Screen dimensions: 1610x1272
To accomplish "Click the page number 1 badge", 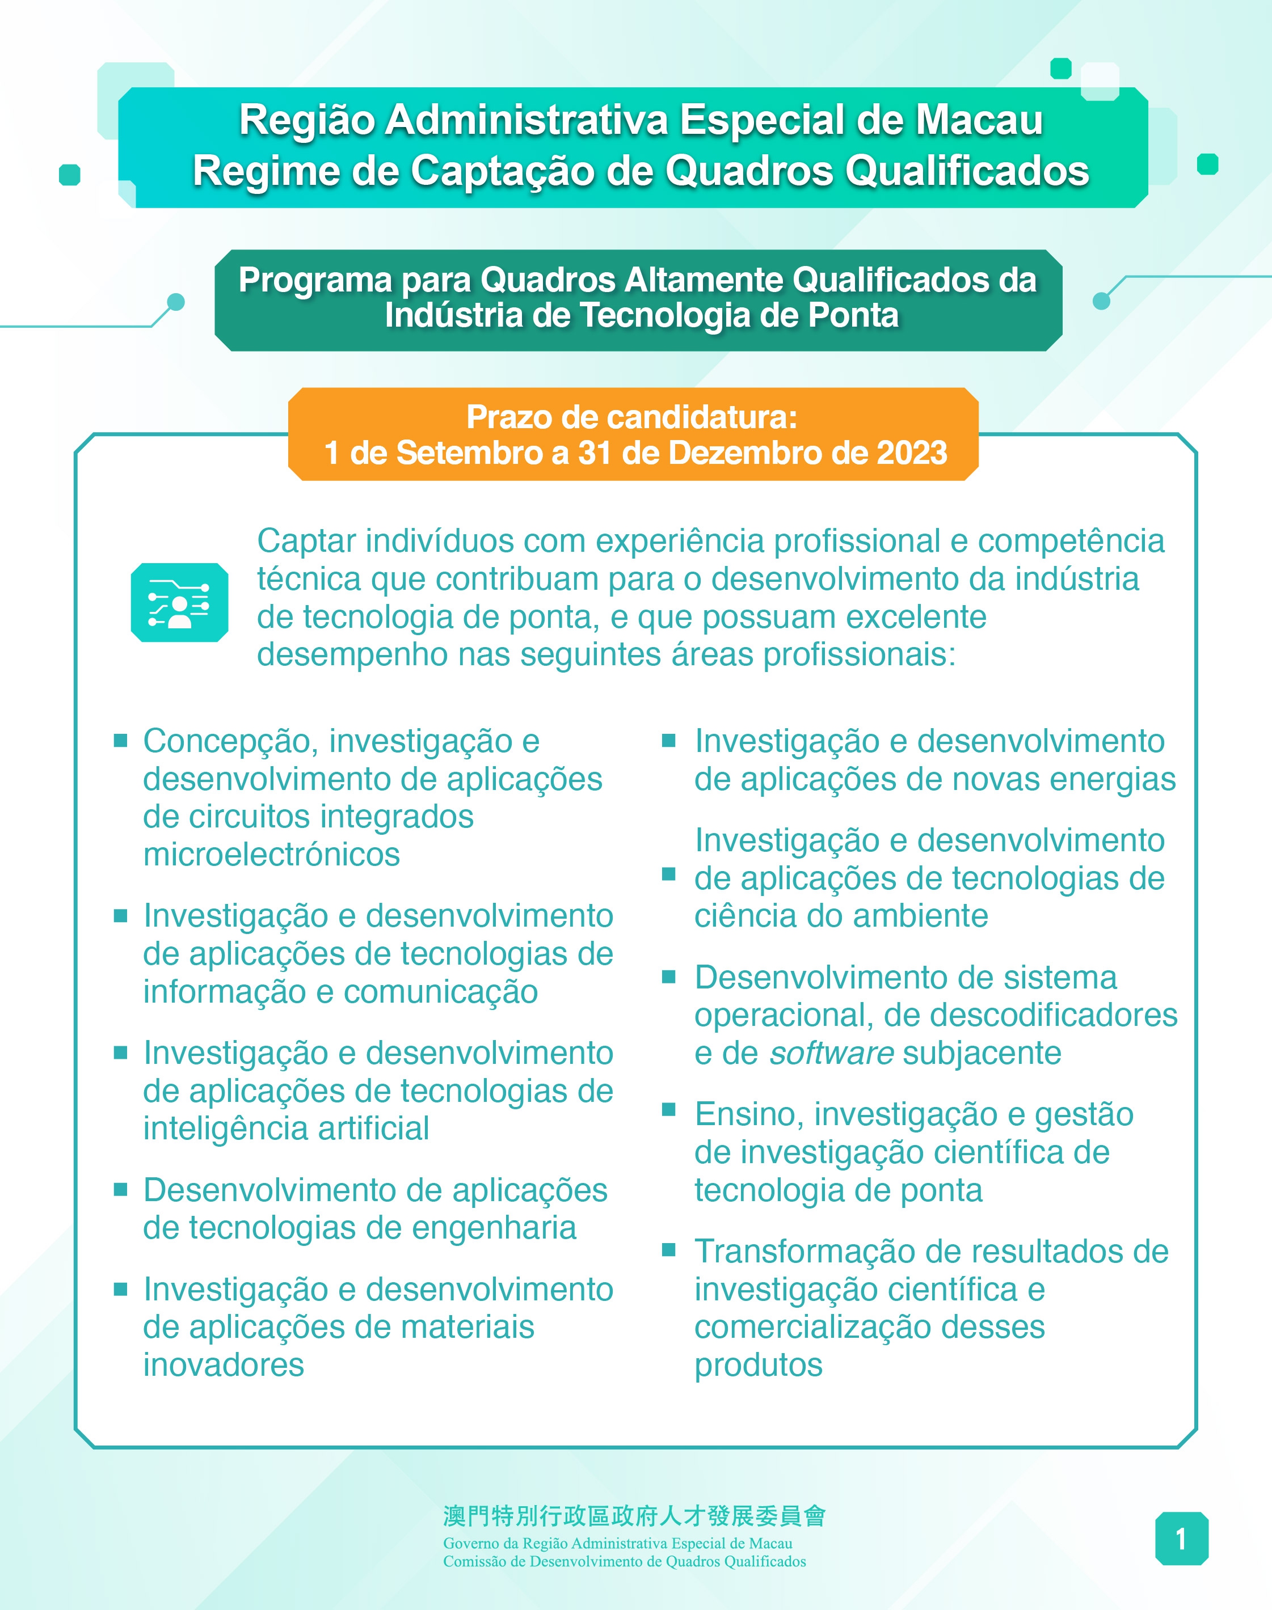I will point(1181,1539).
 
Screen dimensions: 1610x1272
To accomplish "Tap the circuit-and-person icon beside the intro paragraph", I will point(179,602).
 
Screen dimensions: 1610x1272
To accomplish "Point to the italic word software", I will point(831,1053).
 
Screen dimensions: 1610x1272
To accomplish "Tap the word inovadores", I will point(224,1364).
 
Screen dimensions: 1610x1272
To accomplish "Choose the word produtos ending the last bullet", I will point(758,1364).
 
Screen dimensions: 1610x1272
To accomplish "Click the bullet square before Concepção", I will point(121,741).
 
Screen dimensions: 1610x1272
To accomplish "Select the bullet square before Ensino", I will point(669,1110).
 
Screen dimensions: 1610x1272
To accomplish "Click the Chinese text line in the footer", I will point(634,1516).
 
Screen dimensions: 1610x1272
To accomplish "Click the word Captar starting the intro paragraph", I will point(305,541).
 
